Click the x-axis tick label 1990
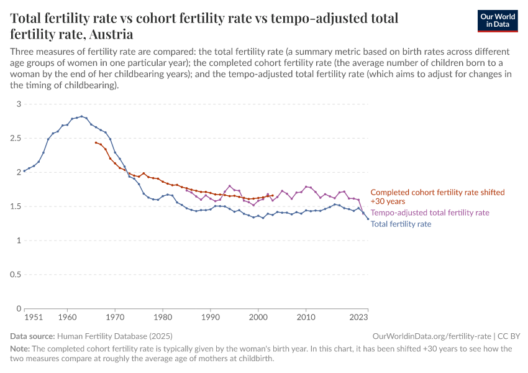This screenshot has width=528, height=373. pyautogui.click(x=211, y=317)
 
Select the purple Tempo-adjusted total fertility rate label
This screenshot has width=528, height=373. pyautogui.click(x=430, y=213)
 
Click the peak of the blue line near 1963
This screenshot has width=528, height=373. pyautogui.click(x=82, y=116)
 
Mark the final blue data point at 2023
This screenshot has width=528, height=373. pyautogui.click(x=368, y=219)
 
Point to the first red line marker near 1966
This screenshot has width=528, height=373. pyautogui.click(x=96, y=142)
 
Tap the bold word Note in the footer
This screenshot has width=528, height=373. pyautogui.click(x=20, y=349)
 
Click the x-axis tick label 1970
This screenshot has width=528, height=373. pyautogui.click(x=115, y=317)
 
